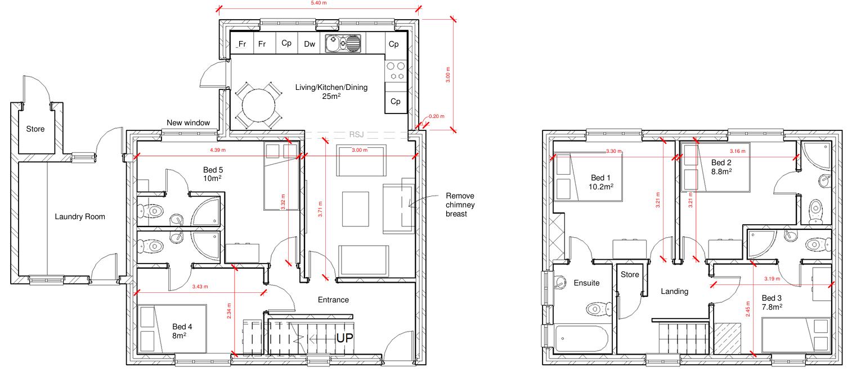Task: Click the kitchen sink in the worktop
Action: coord(343,43)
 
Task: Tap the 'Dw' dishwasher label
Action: coord(310,44)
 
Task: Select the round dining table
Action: coord(259,105)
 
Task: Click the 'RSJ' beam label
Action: coord(356,134)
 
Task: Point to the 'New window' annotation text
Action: coord(189,123)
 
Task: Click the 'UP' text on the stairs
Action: coord(344,338)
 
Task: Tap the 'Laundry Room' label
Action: coord(80,216)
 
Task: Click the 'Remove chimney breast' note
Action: coord(460,205)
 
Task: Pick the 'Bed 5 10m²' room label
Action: coord(213,174)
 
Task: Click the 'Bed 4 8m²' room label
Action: coord(182,331)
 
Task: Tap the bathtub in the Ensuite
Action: coord(581,338)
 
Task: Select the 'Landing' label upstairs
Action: coord(674,291)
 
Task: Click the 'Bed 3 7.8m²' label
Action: coord(772,302)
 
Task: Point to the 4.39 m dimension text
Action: coord(218,150)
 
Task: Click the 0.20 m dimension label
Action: coord(436,116)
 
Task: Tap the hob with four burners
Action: coord(396,71)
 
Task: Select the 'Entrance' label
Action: coord(333,300)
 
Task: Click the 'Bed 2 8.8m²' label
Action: coord(721,167)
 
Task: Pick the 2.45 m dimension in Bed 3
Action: coord(748,309)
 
